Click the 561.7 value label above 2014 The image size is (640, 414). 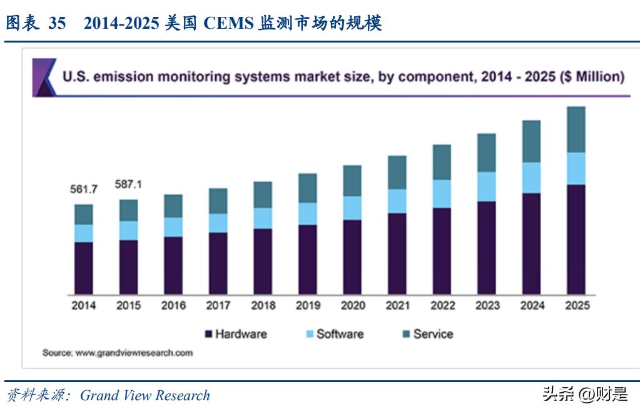tap(83, 189)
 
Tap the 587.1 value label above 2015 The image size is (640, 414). tap(128, 184)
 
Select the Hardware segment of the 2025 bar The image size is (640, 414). tap(576, 239)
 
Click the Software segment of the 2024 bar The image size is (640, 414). tap(531, 178)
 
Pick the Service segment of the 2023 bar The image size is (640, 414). tap(486, 152)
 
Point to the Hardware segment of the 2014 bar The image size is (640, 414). tap(83, 268)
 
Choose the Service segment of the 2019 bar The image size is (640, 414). tap(307, 188)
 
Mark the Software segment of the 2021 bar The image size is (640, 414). tap(397, 201)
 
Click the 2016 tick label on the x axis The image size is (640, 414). tap(173, 306)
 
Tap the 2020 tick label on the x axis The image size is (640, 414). tap(353, 306)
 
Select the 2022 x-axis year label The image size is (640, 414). tap(442, 306)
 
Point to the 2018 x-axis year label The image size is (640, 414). tap(263, 306)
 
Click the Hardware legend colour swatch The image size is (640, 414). tap(208, 335)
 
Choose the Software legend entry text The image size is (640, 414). tap(340, 334)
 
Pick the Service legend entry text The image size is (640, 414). tap(433, 334)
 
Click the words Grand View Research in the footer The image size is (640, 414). tap(145, 396)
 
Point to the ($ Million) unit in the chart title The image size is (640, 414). tap(591, 77)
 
